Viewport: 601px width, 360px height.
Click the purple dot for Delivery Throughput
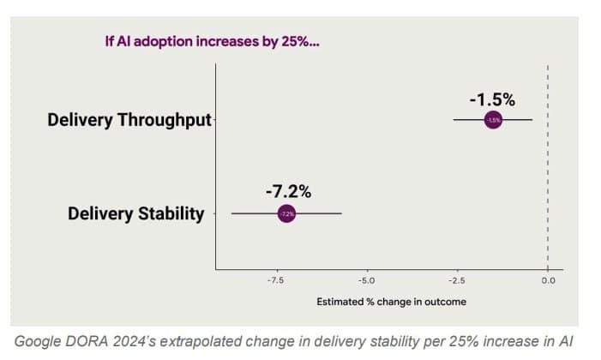click(x=493, y=120)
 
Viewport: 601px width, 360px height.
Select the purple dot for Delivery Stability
click(x=286, y=213)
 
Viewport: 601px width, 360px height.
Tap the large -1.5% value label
click(x=491, y=98)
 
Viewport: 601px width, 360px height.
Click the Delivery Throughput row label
click(x=129, y=120)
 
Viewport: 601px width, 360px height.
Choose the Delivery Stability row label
click(x=136, y=213)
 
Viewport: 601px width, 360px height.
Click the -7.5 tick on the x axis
click(x=274, y=279)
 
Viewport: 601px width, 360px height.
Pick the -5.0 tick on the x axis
click(x=365, y=279)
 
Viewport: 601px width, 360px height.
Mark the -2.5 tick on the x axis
click(x=456, y=279)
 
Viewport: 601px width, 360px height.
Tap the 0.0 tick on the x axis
click(x=548, y=279)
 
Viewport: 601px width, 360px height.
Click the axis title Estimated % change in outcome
click(x=391, y=302)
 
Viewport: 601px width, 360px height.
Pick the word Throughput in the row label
click(x=164, y=120)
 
